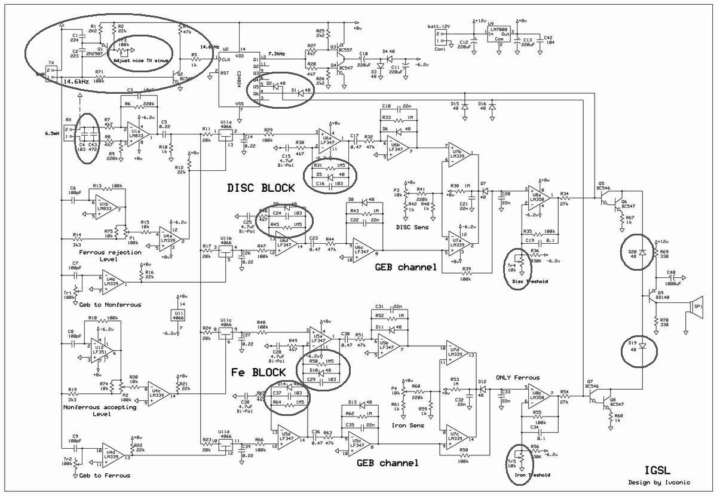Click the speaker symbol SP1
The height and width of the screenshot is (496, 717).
(x=695, y=307)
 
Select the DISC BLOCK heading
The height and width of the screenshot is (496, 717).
(x=261, y=188)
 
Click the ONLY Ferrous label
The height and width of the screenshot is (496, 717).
(x=518, y=377)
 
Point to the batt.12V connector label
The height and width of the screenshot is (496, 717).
(x=439, y=27)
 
